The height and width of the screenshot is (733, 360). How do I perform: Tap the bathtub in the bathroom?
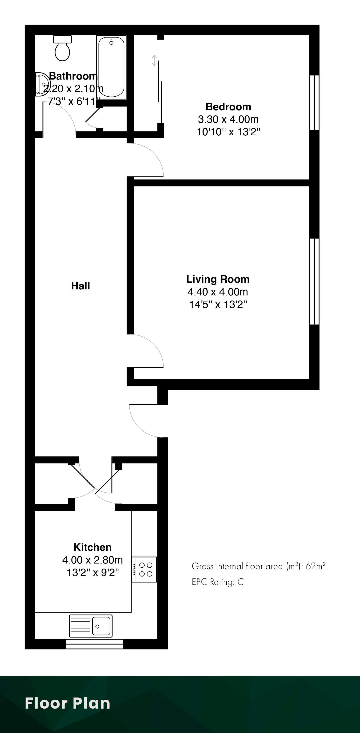(111, 67)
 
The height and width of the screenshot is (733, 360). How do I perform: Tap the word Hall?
(81, 286)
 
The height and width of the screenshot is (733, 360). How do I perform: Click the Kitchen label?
(92, 547)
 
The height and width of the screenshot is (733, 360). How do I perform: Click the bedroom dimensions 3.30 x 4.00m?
(228, 119)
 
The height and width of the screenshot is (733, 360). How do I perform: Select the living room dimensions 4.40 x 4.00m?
(218, 292)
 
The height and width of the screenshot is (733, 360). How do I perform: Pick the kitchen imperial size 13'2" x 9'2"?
(92, 572)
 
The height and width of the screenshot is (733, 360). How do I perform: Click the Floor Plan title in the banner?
(67, 703)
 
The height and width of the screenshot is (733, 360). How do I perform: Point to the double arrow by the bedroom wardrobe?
(154, 60)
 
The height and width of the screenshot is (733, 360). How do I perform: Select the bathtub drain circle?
(111, 43)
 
